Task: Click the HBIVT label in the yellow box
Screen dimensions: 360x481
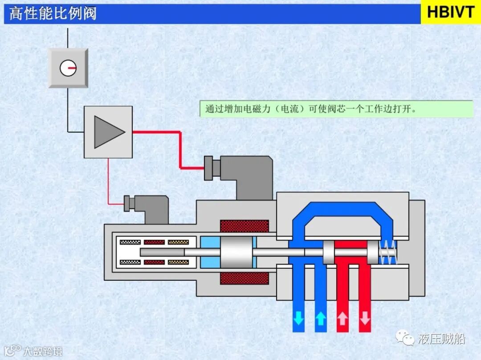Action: click(451, 12)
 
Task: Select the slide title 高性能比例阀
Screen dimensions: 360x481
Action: click(53, 14)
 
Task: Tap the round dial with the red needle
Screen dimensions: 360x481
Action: click(68, 68)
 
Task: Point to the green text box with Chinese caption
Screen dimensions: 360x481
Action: click(336, 109)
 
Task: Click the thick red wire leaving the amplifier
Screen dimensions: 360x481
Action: click(180, 147)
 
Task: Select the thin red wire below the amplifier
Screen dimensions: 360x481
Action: click(108, 182)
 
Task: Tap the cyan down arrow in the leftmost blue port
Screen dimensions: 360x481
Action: click(298, 319)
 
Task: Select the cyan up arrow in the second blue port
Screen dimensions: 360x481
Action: click(321, 319)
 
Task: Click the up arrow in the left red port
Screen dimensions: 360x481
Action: click(342, 319)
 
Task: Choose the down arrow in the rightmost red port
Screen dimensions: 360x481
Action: click(365, 319)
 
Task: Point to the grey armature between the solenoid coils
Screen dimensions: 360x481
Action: click(236, 252)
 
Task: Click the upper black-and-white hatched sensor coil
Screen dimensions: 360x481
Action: click(130, 243)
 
